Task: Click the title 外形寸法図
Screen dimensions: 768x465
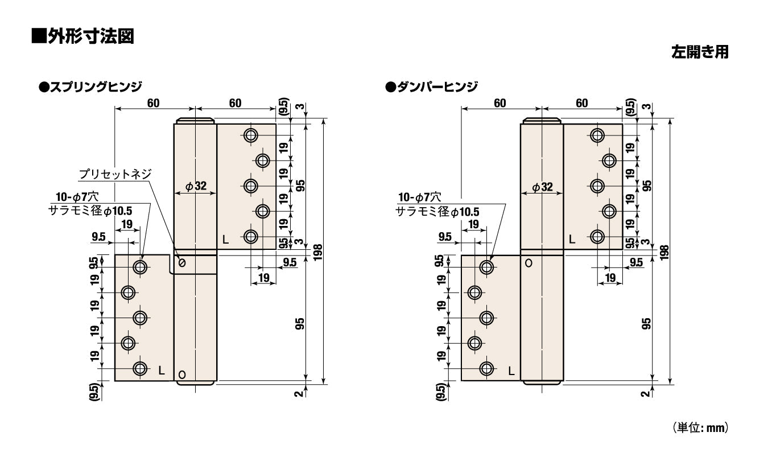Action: pos(82,36)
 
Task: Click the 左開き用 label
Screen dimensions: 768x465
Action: pos(700,52)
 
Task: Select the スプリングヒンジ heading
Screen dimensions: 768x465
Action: pos(91,87)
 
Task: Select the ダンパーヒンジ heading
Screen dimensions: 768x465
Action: pos(432,87)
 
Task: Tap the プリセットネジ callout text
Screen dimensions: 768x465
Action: pos(115,174)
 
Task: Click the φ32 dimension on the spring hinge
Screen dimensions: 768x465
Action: pos(196,186)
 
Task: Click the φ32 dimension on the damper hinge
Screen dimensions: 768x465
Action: pos(542,187)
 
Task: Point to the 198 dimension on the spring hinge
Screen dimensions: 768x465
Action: pos(318,252)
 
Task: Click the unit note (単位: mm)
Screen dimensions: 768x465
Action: pos(700,427)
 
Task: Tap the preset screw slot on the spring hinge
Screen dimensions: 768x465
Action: pos(182,263)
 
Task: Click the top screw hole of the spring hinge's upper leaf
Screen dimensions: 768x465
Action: pos(251,135)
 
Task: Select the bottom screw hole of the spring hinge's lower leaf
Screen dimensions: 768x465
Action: pos(140,369)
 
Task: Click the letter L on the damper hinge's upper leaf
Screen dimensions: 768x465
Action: pos(572,240)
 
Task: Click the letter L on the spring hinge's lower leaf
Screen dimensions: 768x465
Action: pos(162,371)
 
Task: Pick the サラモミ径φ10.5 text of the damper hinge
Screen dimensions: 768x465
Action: pos(437,212)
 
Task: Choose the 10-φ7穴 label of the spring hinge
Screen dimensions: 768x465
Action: pos(77,197)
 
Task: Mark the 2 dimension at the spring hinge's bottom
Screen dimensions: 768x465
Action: pos(299,393)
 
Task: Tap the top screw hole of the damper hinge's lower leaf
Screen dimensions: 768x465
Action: pos(486,267)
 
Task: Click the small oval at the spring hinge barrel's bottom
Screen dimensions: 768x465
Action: pos(182,375)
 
